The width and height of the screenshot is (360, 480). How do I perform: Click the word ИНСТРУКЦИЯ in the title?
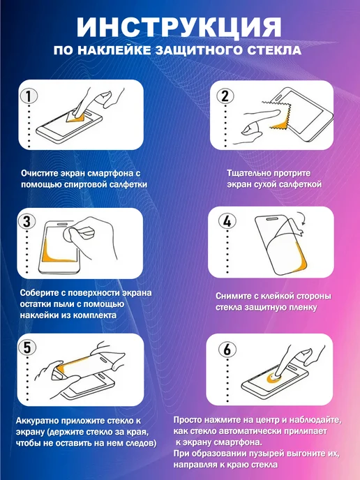179,27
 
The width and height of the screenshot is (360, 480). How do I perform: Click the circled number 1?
29,96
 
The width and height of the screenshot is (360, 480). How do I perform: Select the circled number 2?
225,96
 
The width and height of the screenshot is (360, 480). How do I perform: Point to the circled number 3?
27,222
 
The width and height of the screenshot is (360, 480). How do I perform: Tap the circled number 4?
227,220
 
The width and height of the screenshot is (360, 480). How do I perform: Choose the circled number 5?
27,347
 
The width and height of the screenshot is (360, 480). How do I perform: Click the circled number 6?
227,350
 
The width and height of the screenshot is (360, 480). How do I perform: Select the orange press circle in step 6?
274,378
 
